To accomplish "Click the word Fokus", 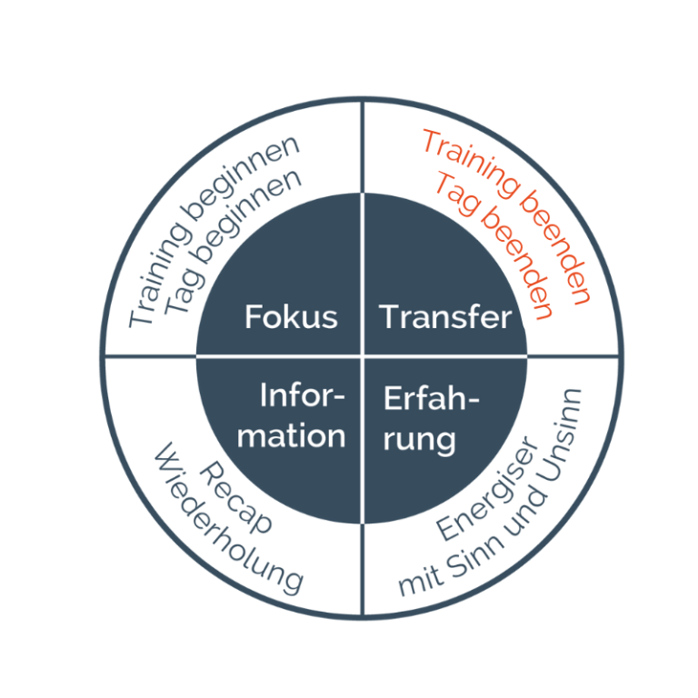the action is coord(291,316).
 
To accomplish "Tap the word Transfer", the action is coord(445,317).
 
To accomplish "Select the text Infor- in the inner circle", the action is coord(303,394).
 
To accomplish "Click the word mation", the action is coord(291,435).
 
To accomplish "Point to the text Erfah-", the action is coord(431,397).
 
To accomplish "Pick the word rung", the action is coord(419,440).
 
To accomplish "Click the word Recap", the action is coord(235,497).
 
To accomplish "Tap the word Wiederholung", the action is coord(229,519).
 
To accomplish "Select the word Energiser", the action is coord(486,488).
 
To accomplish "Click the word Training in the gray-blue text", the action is coord(157,275).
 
